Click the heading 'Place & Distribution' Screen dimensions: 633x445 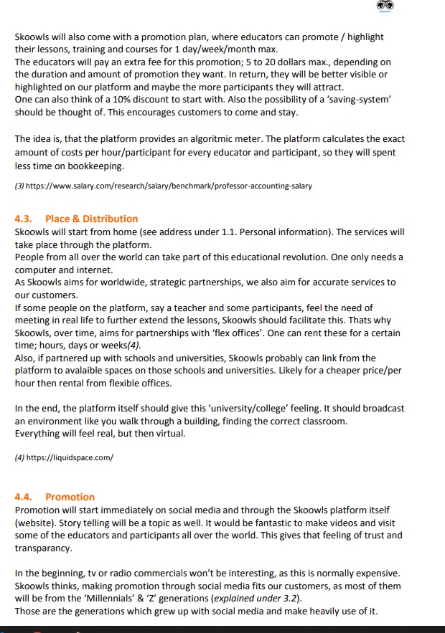click(x=91, y=219)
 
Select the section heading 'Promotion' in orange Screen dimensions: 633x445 click(x=70, y=497)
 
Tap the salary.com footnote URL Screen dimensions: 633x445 click(x=169, y=186)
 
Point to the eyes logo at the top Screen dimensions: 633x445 click(x=385, y=6)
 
